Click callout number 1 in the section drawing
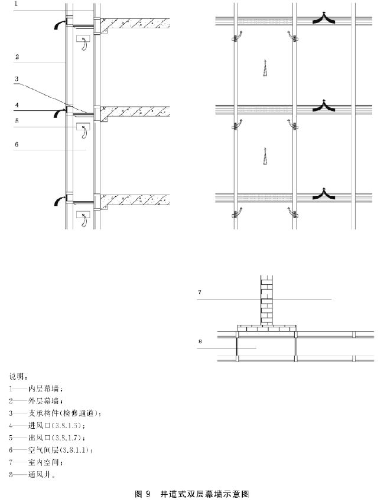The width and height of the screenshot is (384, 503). pyautogui.click(x=17, y=4)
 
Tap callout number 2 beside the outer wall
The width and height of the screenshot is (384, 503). pyautogui.click(x=17, y=57)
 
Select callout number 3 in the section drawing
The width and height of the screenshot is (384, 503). pyautogui.click(x=17, y=78)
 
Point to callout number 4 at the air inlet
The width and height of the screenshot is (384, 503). pyautogui.click(x=17, y=106)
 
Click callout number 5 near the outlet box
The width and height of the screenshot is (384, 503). pyautogui.click(x=17, y=121)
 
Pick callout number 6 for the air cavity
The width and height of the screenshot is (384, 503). pyautogui.click(x=17, y=144)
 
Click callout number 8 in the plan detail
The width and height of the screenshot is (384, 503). pyautogui.click(x=200, y=341)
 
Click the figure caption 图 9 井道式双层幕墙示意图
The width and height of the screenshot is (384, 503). pyautogui.click(x=192, y=492)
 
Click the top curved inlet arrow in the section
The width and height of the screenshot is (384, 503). pyautogui.click(x=58, y=24)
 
